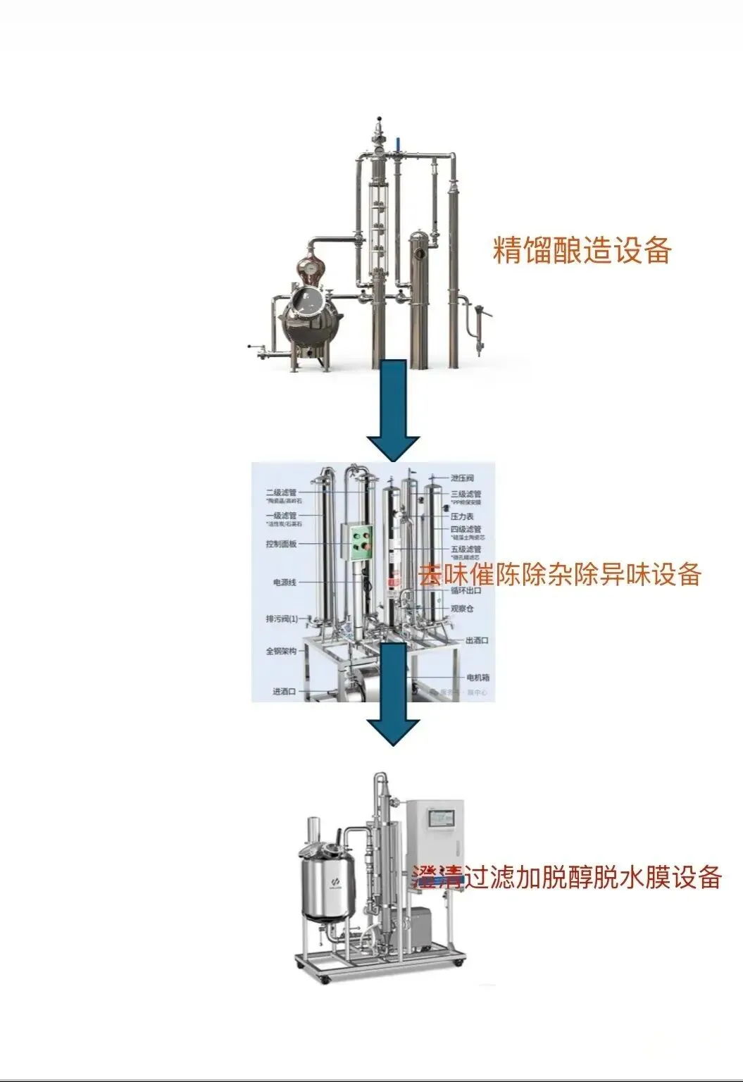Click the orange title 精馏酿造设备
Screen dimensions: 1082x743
pyautogui.click(x=582, y=250)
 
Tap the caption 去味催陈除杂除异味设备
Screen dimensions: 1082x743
pyautogui.click(x=560, y=574)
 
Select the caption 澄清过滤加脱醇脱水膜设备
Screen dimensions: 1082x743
pyautogui.click(x=567, y=877)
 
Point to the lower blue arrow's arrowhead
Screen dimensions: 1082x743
pyautogui.click(x=393, y=731)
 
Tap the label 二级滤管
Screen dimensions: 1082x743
pyautogui.click(x=281, y=492)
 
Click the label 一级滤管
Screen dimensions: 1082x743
pyautogui.click(x=281, y=516)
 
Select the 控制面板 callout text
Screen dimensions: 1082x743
pyautogui.click(x=281, y=544)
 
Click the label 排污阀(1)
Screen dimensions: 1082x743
pyautogui.click(x=281, y=619)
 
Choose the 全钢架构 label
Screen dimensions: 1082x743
pyautogui.click(x=281, y=651)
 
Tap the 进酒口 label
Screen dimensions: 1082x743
pyautogui.click(x=284, y=691)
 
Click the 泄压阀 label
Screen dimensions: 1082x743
pyautogui.click(x=462, y=478)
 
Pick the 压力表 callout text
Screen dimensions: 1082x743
pyautogui.click(x=462, y=516)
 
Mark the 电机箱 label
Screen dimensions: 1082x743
pyautogui.click(x=477, y=678)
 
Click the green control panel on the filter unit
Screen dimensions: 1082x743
pyautogui.click(x=361, y=542)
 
